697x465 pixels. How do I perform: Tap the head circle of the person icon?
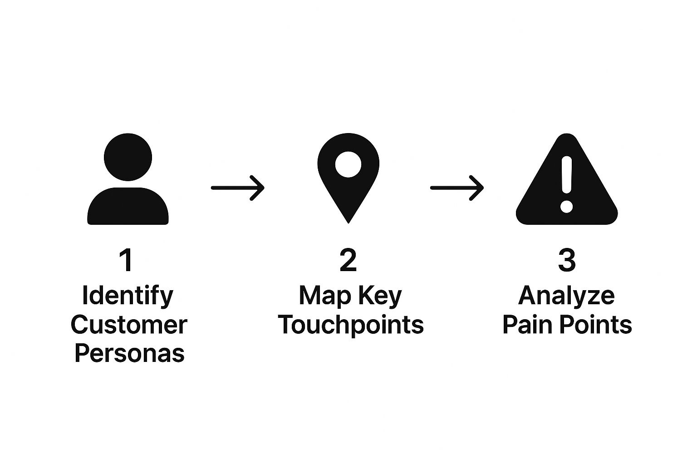tap(128, 158)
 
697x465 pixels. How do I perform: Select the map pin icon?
tap(348, 182)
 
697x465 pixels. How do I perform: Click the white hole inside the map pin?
tap(348, 164)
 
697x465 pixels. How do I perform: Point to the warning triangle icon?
tap(567, 191)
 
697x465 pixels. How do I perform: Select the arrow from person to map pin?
tap(237, 187)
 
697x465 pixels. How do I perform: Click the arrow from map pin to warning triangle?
tap(456, 187)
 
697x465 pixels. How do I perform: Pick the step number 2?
tap(348, 260)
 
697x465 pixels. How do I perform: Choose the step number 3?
tap(567, 260)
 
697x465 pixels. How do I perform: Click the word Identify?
tap(128, 296)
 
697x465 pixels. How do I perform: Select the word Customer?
tap(129, 325)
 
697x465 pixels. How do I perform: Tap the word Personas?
tap(129, 353)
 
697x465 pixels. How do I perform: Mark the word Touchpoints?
tap(351, 325)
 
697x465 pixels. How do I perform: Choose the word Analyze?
tap(566, 296)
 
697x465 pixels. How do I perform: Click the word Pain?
tap(527, 325)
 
